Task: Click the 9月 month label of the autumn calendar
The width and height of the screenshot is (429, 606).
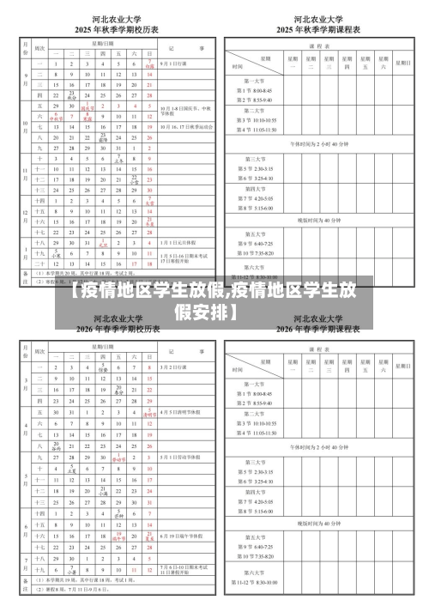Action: click(25, 75)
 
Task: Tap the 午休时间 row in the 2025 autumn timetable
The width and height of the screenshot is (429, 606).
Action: click(319, 144)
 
